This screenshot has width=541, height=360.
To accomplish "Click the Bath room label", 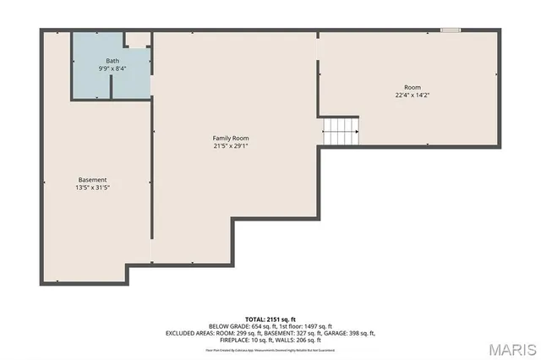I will click(112, 61).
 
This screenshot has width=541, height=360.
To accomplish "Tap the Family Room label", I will click(230, 138).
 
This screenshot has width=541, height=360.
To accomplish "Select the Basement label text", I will click(93, 180).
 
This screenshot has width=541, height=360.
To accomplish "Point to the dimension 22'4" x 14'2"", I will click(412, 95).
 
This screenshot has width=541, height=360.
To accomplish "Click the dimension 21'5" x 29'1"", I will click(230, 145).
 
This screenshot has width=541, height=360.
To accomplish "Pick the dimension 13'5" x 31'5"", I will click(93, 188).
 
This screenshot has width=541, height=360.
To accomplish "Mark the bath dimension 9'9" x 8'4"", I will click(112, 68).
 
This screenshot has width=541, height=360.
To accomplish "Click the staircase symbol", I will click(341, 131).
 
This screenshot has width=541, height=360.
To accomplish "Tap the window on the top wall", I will click(451, 30).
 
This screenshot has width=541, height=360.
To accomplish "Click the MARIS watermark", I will click(511, 349).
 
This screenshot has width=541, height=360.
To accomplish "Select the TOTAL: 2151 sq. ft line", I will click(270, 319).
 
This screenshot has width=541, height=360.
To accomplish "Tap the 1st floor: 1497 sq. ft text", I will click(303, 326).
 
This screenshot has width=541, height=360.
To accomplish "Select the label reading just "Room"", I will click(412, 87).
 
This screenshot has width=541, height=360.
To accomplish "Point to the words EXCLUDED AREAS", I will click(191, 333).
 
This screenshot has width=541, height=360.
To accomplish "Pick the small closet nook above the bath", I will click(137, 39).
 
